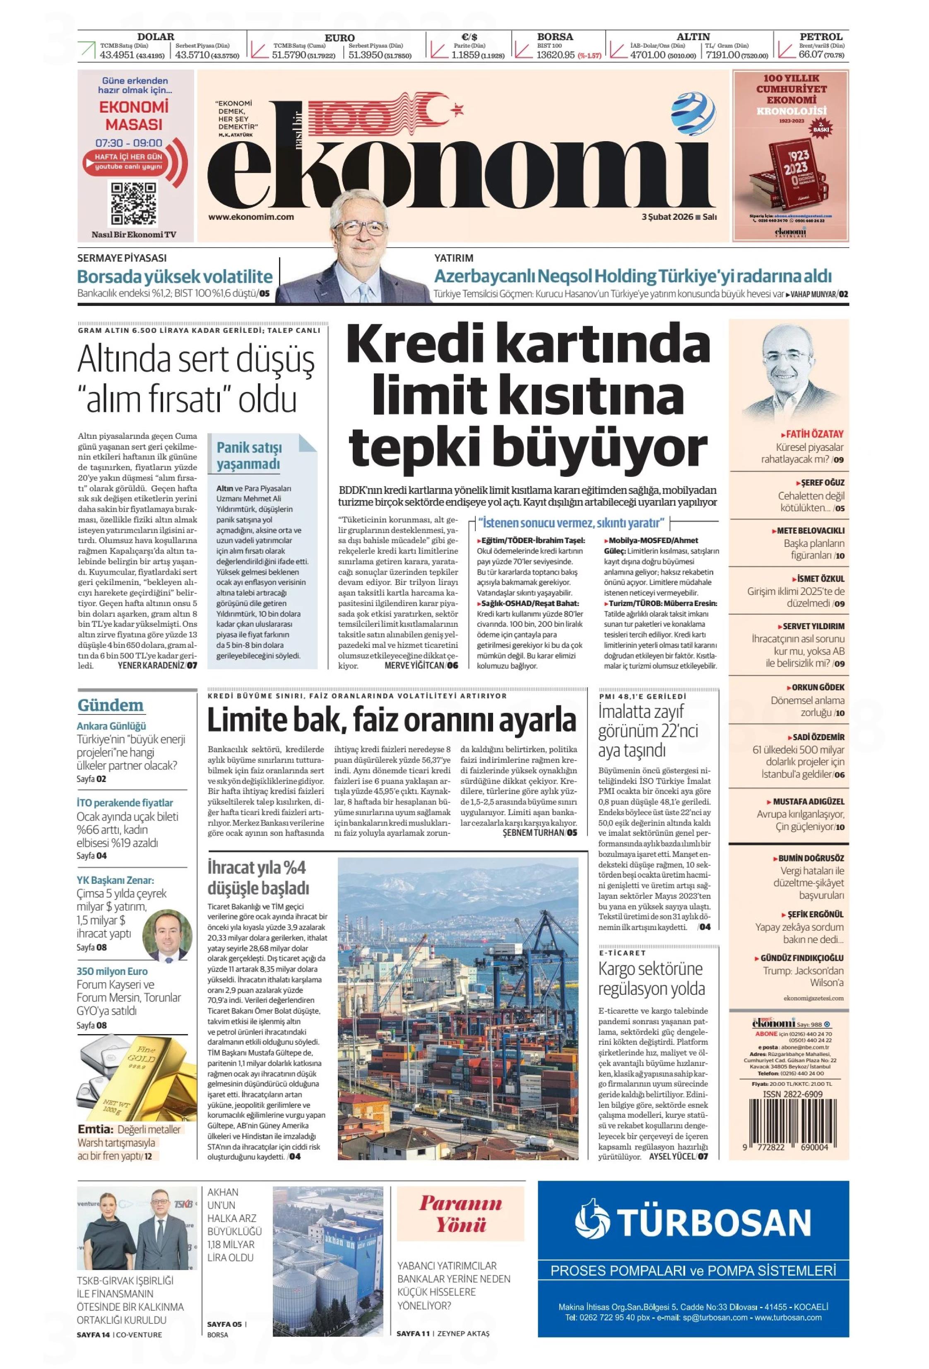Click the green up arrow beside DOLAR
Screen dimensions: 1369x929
tap(87, 50)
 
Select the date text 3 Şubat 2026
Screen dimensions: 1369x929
tap(667, 217)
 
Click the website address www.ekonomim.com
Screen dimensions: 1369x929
tap(251, 217)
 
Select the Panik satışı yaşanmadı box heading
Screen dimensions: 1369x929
tap(249, 455)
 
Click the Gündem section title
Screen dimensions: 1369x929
tap(110, 705)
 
